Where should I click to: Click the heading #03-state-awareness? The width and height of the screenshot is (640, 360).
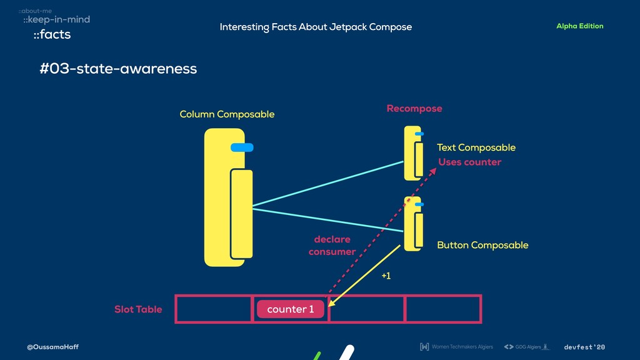[x=118, y=69]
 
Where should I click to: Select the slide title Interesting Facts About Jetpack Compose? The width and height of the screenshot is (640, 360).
[x=316, y=27]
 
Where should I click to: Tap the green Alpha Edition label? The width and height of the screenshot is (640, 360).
[x=579, y=26]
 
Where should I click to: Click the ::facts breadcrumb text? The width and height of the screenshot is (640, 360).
[x=52, y=35]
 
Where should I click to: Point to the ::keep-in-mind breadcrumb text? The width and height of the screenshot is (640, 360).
[x=56, y=20]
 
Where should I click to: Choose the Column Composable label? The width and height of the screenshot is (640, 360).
[x=227, y=114]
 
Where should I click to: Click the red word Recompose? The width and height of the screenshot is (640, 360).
[x=414, y=109]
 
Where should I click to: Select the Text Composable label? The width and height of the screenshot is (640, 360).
[x=476, y=147]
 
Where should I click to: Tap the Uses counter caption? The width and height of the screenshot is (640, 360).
[x=469, y=162]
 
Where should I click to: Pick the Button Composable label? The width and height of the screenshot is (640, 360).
[x=482, y=245]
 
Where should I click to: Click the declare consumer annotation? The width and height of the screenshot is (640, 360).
[x=332, y=246]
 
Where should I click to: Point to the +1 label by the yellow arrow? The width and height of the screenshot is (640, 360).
[x=386, y=276]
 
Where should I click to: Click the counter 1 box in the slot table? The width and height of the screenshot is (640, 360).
[x=290, y=309]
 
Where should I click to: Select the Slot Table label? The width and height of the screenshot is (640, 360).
[x=137, y=309]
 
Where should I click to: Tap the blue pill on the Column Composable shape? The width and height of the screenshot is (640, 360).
[x=242, y=147]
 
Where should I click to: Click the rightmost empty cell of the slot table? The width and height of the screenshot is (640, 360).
[x=443, y=309]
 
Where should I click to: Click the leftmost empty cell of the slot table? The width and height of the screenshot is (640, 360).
[x=214, y=309]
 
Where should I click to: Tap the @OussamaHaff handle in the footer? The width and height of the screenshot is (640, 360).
[x=52, y=347]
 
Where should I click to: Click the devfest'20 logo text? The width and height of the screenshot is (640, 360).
[x=584, y=347]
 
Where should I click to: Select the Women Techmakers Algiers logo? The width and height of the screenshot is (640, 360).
[x=456, y=347]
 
